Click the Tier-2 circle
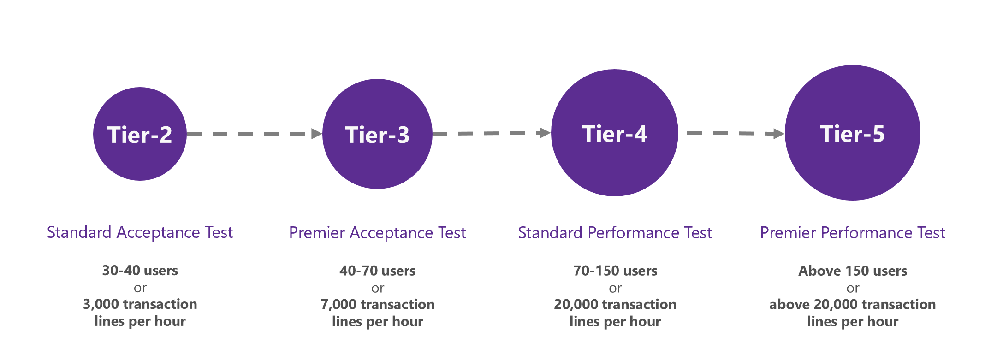click(x=140, y=134)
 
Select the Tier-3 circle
click(x=377, y=134)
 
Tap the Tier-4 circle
click(x=614, y=133)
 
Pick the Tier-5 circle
click(x=852, y=133)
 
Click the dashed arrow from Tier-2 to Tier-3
click(x=254, y=134)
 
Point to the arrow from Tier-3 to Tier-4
click(x=491, y=133)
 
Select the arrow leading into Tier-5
click(x=735, y=133)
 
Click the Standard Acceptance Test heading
click(x=140, y=232)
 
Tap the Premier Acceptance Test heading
click(x=377, y=233)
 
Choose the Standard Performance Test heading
click(x=615, y=233)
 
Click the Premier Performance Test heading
click(x=852, y=233)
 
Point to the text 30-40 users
click(x=140, y=271)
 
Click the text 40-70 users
click(x=377, y=271)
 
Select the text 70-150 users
click(x=615, y=271)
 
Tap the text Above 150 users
click(x=852, y=271)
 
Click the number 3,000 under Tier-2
click(x=101, y=305)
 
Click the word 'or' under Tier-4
click(x=615, y=289)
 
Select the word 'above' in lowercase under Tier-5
click(x=789, y=305)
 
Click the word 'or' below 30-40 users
click(x=140, y=289)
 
